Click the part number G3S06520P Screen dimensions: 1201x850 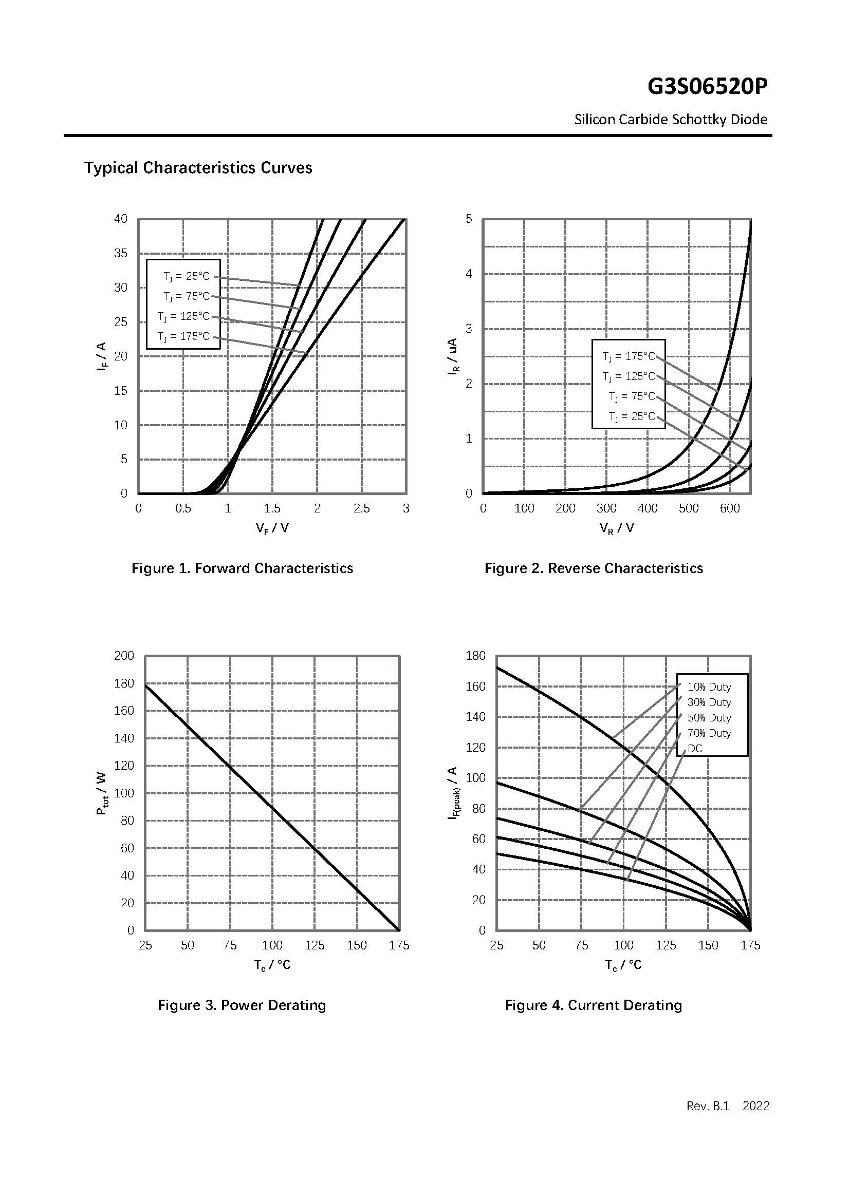pyautogui.click(x=707, y=87)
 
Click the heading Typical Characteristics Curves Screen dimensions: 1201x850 pyautogui.click(x=198, y=168)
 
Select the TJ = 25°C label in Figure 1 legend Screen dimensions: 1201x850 pyautogui.click(x=187, y=276)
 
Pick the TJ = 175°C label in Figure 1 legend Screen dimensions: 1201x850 pyautogui.click(x=183, y=336)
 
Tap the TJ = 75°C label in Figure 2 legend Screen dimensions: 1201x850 pyautogui.click(x=632, y=396)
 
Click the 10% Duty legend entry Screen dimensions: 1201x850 pyautogui.click(x=709, y=687)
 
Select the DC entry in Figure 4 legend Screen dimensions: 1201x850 pyautogui.click(x=695, y=749)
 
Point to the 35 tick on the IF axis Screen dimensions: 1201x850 pyautogui.click(x=120, y=253)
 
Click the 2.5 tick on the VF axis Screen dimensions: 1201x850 pyautogui.click(x=361, y=508)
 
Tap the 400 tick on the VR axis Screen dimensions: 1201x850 pyautogui.click(x=648, y=508)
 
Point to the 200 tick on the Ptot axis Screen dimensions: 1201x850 pyautogui.click(x=124, y=655)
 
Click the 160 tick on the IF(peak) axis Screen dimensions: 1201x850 pyautogui.click(x=475, y=687)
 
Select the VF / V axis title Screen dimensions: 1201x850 pyautogui.click(x=272, y=528)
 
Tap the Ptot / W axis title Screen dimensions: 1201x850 pyautogui.click(x=102, y=793)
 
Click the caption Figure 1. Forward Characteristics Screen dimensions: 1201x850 pyautogui.click(x=242, y=568)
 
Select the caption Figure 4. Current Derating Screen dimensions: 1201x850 pyautogui.click(x=593, y=1005)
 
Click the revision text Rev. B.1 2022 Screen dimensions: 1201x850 pyautogui.click(x=728, y=1106)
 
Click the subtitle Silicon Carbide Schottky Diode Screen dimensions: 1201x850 pyautogui.click(x=671, y=120)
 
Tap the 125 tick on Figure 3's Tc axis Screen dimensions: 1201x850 pyautogui.click(x=315, y=945)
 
